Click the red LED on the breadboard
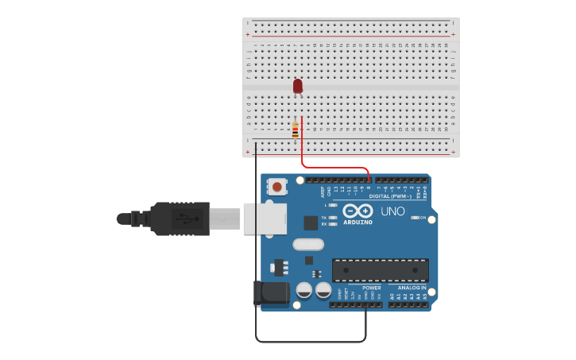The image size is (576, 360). point(298,85)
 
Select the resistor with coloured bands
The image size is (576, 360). point(295,130)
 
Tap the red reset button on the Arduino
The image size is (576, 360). point(277,187)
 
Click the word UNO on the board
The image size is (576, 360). point(393,211)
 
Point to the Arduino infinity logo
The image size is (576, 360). point(358,211)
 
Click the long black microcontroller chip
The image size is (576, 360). point(380,269)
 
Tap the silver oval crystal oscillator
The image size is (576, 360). point(307,245)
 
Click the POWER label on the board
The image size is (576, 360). point(371,288)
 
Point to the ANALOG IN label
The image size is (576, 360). point(407,288)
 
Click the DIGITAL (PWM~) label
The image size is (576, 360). point(390,196)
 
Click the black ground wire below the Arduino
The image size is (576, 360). point(310,342)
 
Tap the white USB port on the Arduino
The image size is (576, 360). point(265,219)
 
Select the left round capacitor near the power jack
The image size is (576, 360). point(303,290)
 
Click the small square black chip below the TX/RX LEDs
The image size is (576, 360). point(308,260)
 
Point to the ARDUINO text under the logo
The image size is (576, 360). point(358,223)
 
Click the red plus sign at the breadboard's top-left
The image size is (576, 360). point(248,35)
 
